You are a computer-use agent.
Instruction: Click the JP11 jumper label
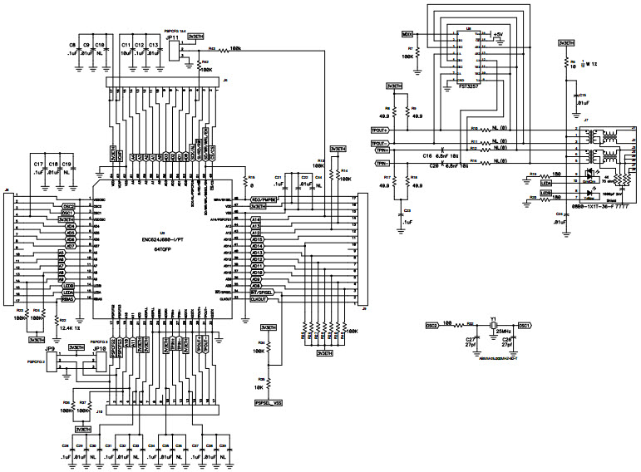point(173,37)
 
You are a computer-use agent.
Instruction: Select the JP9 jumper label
point(51,350)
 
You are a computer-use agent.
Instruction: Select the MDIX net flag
point(407,35)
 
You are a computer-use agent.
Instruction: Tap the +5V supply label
point(498,34)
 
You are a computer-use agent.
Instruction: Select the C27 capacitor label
point(471,339)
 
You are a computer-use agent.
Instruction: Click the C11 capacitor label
point(126,43)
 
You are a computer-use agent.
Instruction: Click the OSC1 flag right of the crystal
point(524,326)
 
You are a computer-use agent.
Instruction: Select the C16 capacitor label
point(427,155)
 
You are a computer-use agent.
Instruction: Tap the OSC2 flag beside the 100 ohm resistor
point(432,326)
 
